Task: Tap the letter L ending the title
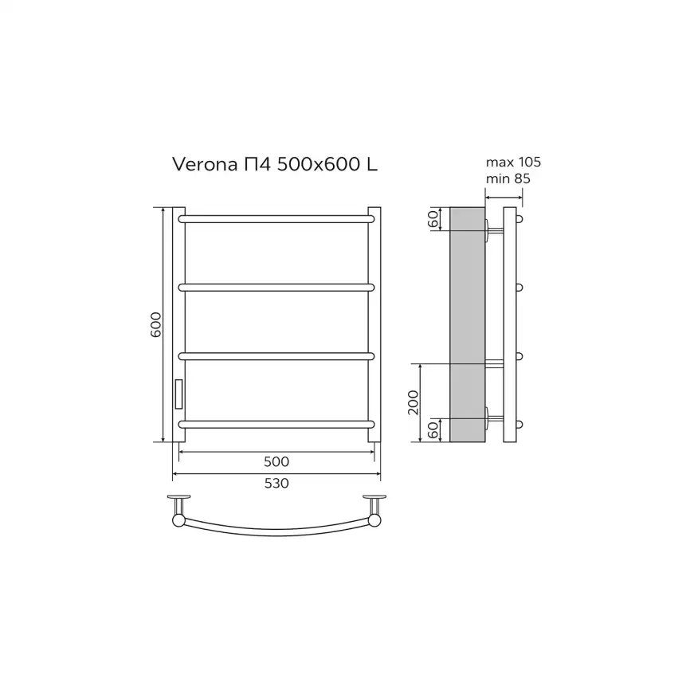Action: [371, 165]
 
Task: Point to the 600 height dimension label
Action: [157, 324]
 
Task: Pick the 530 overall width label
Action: [276, 483]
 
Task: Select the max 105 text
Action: [513, 163]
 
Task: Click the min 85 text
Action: [508, 178]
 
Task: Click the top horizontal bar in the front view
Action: [277, 218]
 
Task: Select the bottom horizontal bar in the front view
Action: [277, 423]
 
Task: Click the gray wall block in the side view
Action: [468, 324]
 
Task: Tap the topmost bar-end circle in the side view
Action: [520, 218]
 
